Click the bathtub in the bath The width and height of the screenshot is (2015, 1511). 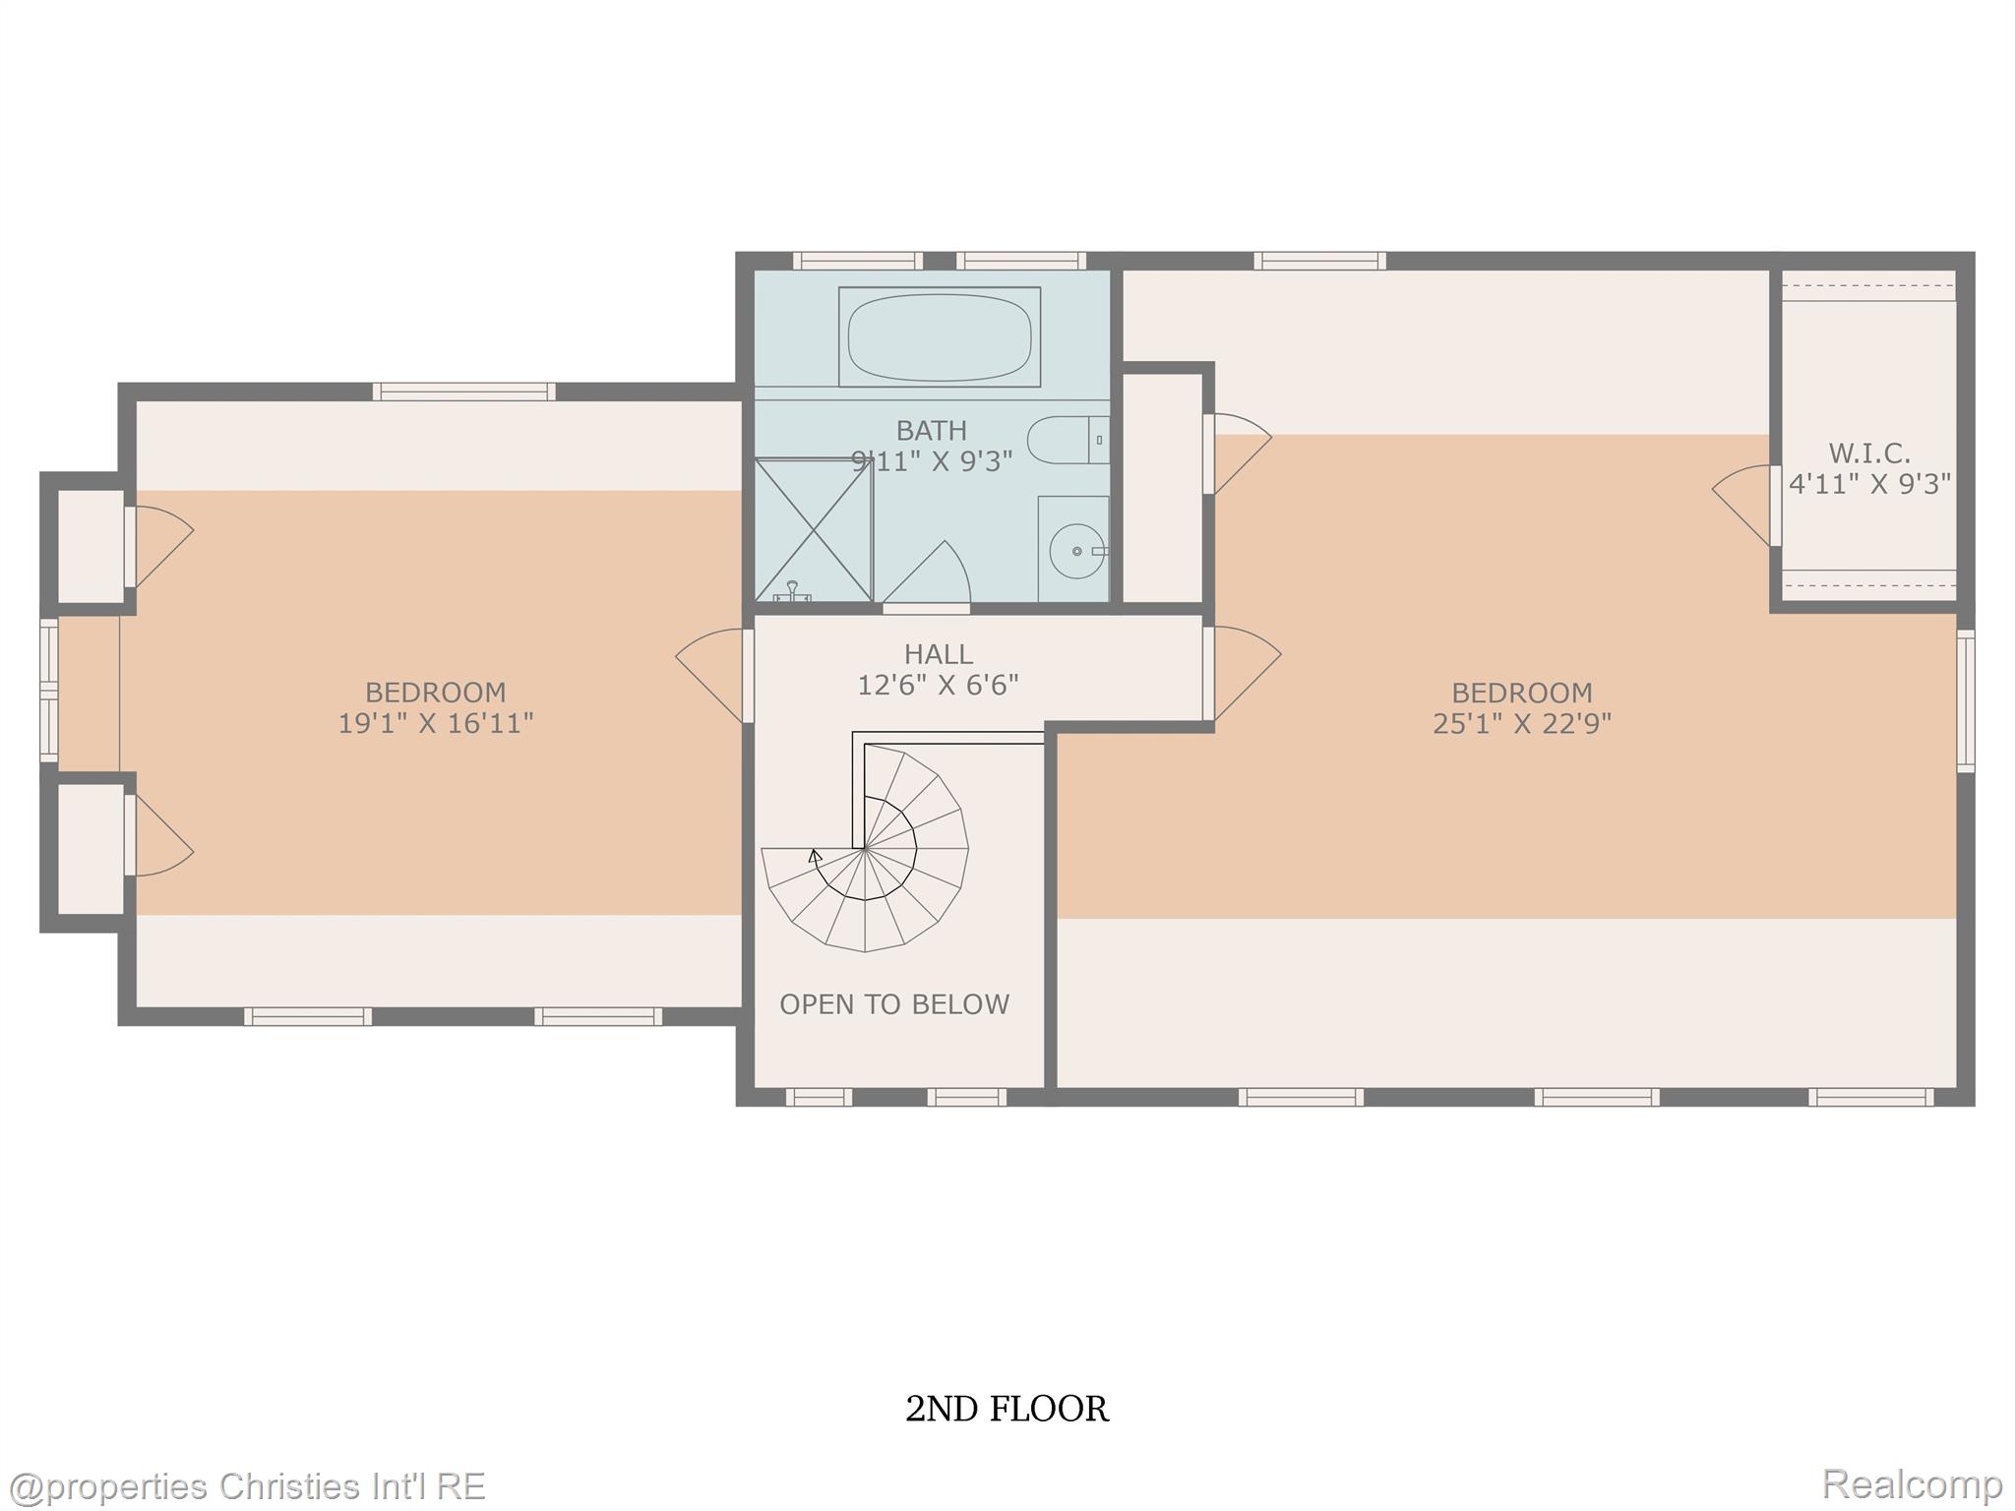[x=939, y=336]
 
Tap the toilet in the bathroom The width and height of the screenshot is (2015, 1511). [x=1069, y=440]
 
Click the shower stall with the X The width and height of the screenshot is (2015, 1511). [x=814, y=529]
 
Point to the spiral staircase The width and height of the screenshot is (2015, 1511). [x=865, y=846]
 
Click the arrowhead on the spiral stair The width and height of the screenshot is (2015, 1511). [x=814, y=856]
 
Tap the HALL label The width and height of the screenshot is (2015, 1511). [x=939, y=654]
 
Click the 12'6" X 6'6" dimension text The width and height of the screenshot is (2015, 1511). [x=938, y=685]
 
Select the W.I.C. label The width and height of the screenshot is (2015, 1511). [x=1869, y=453]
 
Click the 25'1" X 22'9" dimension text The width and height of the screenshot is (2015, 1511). [x=1522, y=724]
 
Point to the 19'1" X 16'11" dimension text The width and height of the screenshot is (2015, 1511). [x=436, y=724]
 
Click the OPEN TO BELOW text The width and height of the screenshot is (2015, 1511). [x=894, y=1004]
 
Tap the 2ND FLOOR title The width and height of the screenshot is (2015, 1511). [x=1007, y=1409]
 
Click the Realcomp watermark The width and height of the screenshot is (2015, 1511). [x=1913, y=1483]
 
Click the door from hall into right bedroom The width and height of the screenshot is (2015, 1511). [x=1242, y=673]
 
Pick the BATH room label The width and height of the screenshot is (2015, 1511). [x=931, y=431]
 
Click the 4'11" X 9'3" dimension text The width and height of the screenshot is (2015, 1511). [x=1869, y=484]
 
